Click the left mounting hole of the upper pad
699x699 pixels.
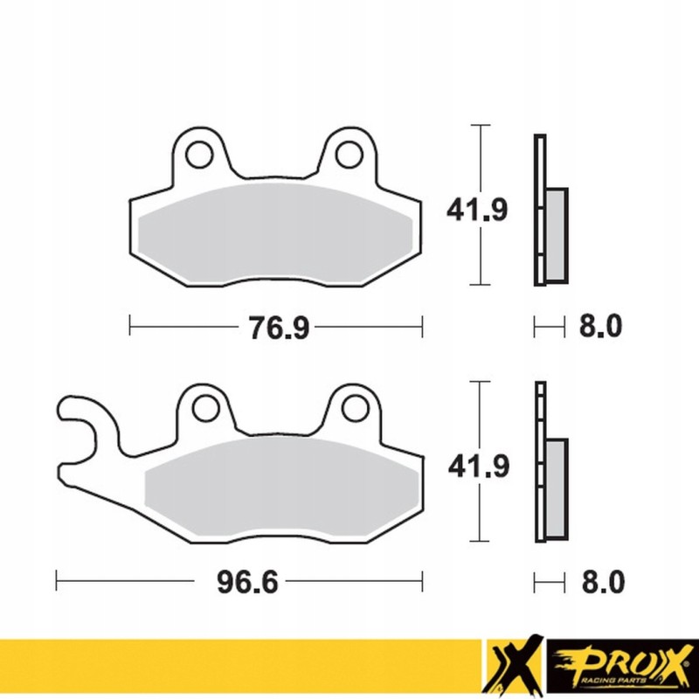point(198,154)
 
